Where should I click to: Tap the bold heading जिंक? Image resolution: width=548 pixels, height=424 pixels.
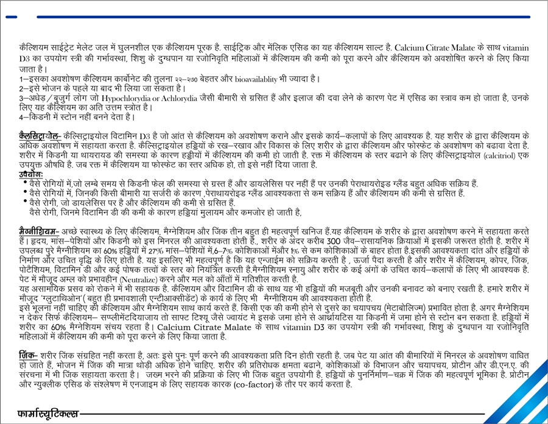(x=28, y=355)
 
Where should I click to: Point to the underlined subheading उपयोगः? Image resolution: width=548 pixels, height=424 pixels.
(x=30, y=174)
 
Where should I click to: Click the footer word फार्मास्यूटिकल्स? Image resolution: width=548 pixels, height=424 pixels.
(x=48, y=414)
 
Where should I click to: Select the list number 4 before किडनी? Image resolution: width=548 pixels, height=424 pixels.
(x=21, y=116)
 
